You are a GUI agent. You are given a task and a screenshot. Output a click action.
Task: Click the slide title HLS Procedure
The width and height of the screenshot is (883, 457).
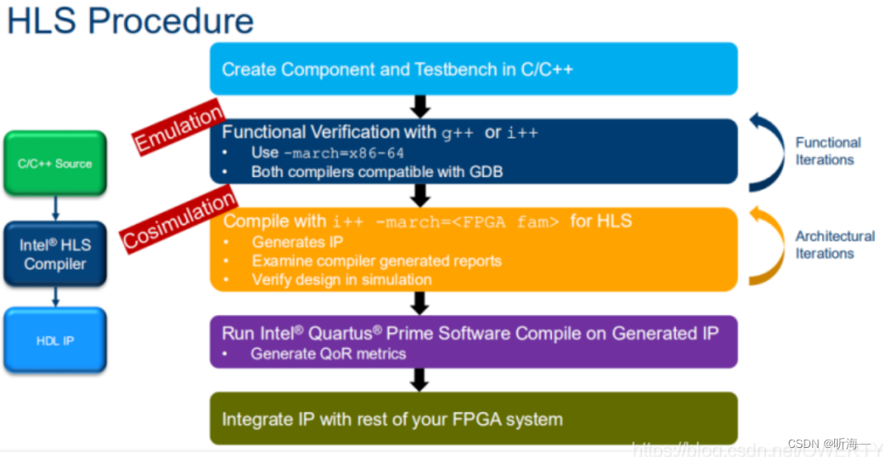click(130, 21)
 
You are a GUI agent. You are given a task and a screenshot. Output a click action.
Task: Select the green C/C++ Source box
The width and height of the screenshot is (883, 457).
click(55, 164)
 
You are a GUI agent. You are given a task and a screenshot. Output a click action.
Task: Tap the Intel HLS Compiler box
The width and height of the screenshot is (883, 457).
click(55, 254)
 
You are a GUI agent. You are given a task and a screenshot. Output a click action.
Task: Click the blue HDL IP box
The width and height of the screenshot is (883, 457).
click(55, 340)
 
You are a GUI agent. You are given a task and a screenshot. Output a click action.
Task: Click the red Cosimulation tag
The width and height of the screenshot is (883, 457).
click(179, 219)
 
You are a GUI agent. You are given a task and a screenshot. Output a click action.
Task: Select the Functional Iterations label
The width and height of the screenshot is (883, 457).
click(827, 151)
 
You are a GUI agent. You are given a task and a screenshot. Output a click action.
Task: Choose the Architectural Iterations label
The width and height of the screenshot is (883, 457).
click(834, 245)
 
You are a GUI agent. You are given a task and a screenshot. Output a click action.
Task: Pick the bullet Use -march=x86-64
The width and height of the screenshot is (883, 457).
click(327, 153)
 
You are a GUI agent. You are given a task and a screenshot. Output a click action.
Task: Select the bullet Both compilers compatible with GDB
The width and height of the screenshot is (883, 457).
click(377, 172)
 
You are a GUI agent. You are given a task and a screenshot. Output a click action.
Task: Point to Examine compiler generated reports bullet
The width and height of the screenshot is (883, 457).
click(376, 261)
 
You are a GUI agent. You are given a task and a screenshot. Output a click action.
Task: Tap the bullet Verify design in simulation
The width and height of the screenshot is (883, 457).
click(341, 279)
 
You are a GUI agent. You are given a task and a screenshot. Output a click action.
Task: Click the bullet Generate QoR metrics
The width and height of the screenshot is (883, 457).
click(328, 354)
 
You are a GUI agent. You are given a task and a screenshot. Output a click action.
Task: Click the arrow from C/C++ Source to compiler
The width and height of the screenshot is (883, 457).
click(55, 207)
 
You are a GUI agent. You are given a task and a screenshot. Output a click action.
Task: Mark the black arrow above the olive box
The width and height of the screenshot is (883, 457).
click(420, 379)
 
